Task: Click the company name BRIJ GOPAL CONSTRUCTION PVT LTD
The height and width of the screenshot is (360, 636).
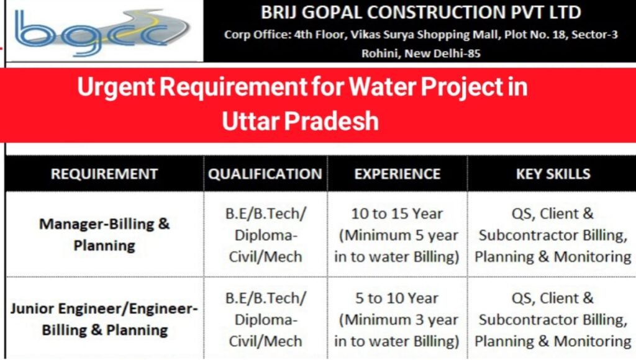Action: point(421,12)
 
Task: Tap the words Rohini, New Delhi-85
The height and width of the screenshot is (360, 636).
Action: point(421,53)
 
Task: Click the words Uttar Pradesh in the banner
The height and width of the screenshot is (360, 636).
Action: point(301,120)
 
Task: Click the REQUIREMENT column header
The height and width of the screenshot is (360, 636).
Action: point(104,174)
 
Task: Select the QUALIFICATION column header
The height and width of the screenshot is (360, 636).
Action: point(265,174)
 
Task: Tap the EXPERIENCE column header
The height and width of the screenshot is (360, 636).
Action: point(397,174)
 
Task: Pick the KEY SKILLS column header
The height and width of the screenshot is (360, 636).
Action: point(553,174)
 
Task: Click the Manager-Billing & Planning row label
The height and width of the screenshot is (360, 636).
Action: point(104,234)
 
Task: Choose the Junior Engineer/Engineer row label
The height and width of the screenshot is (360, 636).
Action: point(104,318)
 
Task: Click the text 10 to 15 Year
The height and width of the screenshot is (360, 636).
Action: point(397,214)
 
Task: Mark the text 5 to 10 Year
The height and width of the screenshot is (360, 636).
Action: point(397,298)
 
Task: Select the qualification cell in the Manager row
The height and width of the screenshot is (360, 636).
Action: point(265,235)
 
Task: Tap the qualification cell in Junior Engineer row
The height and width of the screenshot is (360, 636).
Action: point(265,319)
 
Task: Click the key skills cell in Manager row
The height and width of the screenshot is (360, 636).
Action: point(553,235)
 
